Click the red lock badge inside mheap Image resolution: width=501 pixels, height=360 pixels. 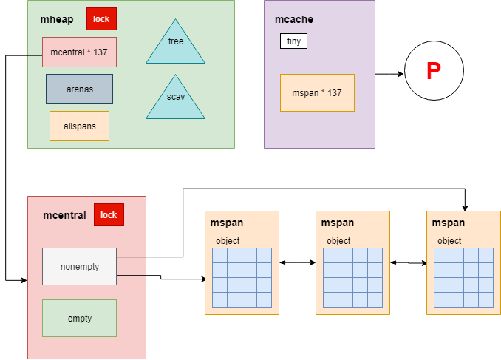pos(101,19)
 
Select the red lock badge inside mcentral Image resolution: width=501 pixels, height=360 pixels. pos(109,215)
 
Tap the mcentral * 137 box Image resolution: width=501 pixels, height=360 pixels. pos(79,52)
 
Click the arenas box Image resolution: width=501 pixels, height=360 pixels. pos(79,89)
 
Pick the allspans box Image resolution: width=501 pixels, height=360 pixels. pos(79,126)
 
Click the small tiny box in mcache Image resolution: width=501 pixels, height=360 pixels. pos(293,41)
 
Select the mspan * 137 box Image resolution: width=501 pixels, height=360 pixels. pos(317,93)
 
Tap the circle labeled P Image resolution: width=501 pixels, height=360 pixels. pos(434,72)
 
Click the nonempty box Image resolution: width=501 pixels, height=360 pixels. pos(79,266)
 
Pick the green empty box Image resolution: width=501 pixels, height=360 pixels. pos(79,318)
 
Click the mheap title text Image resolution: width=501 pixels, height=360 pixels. pos(56,19)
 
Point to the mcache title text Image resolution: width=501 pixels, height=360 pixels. pos(288,19)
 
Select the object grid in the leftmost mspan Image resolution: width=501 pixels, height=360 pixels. pos(242,277)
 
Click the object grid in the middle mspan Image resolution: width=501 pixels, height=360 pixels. pos(352,277)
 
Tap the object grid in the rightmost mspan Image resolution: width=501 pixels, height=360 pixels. pos(463,277)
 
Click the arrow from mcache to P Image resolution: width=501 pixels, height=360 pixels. pos(389,74)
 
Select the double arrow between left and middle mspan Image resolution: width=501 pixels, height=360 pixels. pos(297,262)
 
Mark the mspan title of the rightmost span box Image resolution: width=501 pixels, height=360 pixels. pos(448,223)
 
